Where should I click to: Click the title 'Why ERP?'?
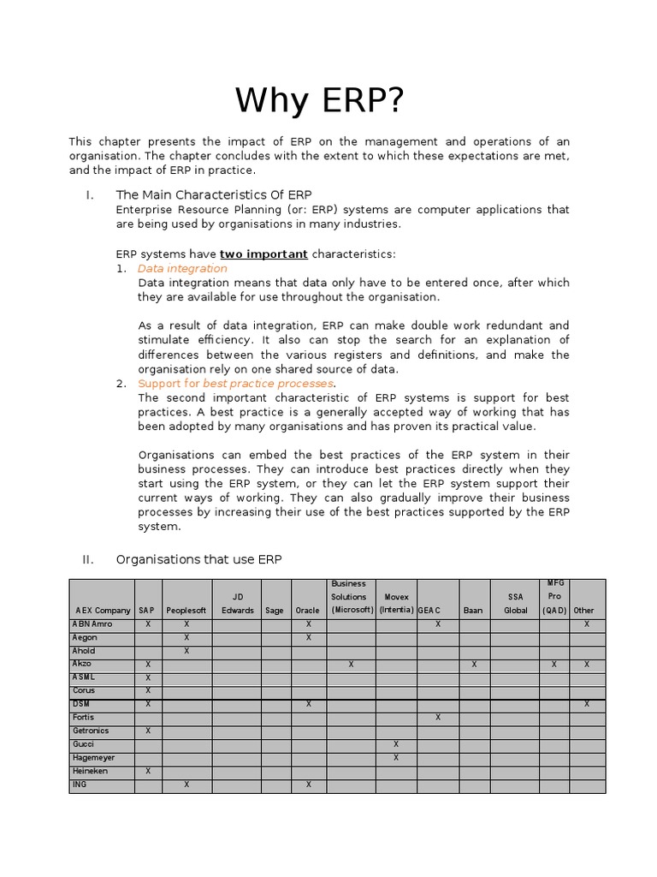click(319, 101)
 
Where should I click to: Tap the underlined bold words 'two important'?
click(263, 254)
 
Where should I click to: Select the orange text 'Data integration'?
click(182, 268)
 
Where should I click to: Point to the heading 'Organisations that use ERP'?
click(198, 559)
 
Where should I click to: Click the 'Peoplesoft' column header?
click(186, 611)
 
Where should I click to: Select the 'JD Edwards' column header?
click(237, 604)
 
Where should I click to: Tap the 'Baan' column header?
click(473, 611)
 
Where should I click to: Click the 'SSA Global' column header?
click(516, 604)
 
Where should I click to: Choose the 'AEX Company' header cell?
click(103, 611)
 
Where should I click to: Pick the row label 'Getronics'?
click(92, 731)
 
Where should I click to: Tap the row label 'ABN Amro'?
click(92, 624)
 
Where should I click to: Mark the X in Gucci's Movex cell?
click(395, 744)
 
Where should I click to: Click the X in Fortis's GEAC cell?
click(438, 718)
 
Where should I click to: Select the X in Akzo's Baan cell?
click(473, 665)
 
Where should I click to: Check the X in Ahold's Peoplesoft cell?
click(186, 651)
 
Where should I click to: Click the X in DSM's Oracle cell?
click(308, 704)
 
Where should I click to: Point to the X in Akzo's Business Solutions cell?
click(351, 665)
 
